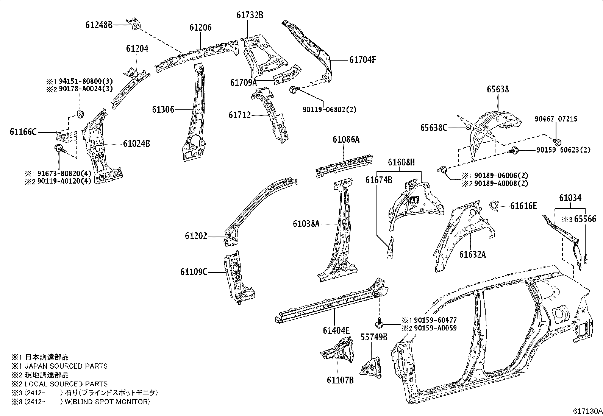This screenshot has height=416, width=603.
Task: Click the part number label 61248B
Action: (99, 25)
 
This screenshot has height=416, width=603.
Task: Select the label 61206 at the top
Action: (200, 28)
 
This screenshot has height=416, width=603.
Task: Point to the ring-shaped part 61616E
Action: (494, 205)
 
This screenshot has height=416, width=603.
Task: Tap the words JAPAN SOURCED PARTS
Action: (66, 366)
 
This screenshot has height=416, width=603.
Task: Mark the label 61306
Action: (163, 110)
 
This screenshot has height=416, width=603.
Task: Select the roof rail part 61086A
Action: (343, 164)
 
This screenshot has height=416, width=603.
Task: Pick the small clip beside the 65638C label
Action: (468, 127)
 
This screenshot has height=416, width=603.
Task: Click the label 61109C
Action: (194, 272)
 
